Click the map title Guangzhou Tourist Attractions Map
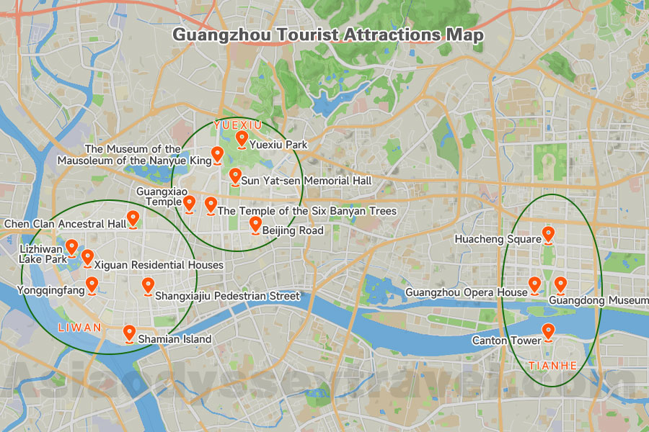pos(328,35)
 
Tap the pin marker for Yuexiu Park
pos(242,139)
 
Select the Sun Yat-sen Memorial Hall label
pos(306,180)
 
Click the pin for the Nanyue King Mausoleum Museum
pos(217,155)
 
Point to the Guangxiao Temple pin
pos(189,204)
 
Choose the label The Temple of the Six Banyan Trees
pos(307,211)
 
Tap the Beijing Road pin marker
pos(255,225)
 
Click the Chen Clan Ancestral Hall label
pos(66,224)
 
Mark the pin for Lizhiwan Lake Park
pos(72,248)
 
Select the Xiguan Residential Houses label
pos(159,265)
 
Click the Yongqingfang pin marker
pos(92,286)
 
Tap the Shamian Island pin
pos(129,333)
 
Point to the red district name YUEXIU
pos(237,125)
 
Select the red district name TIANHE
pos(553,365)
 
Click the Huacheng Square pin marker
pos(548,235)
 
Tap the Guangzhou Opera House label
pos(467,292)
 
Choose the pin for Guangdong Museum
pos(560,285)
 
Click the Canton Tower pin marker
pos(548,332)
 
